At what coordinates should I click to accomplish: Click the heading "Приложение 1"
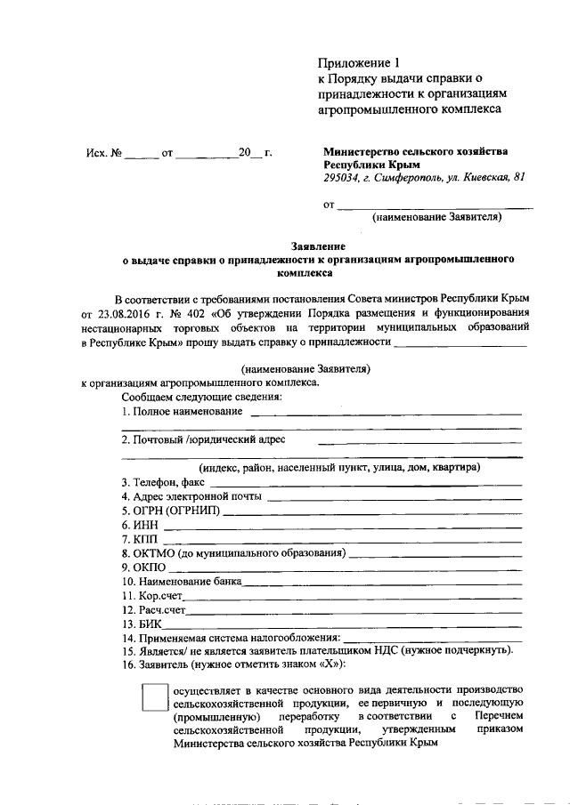pyautogui.click(x=361, y=62)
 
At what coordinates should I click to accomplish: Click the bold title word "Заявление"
pyautogui.click(x=320, y=245)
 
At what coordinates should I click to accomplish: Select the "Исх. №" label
pyautogui.click(x=103, y=153)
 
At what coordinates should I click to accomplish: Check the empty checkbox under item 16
pyautogui.click(x=155, y=696)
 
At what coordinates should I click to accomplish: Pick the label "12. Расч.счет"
pyautogui.click(x=154, y=610)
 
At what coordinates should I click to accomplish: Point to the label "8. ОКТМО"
pyautogui.click(x=147, y=553)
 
